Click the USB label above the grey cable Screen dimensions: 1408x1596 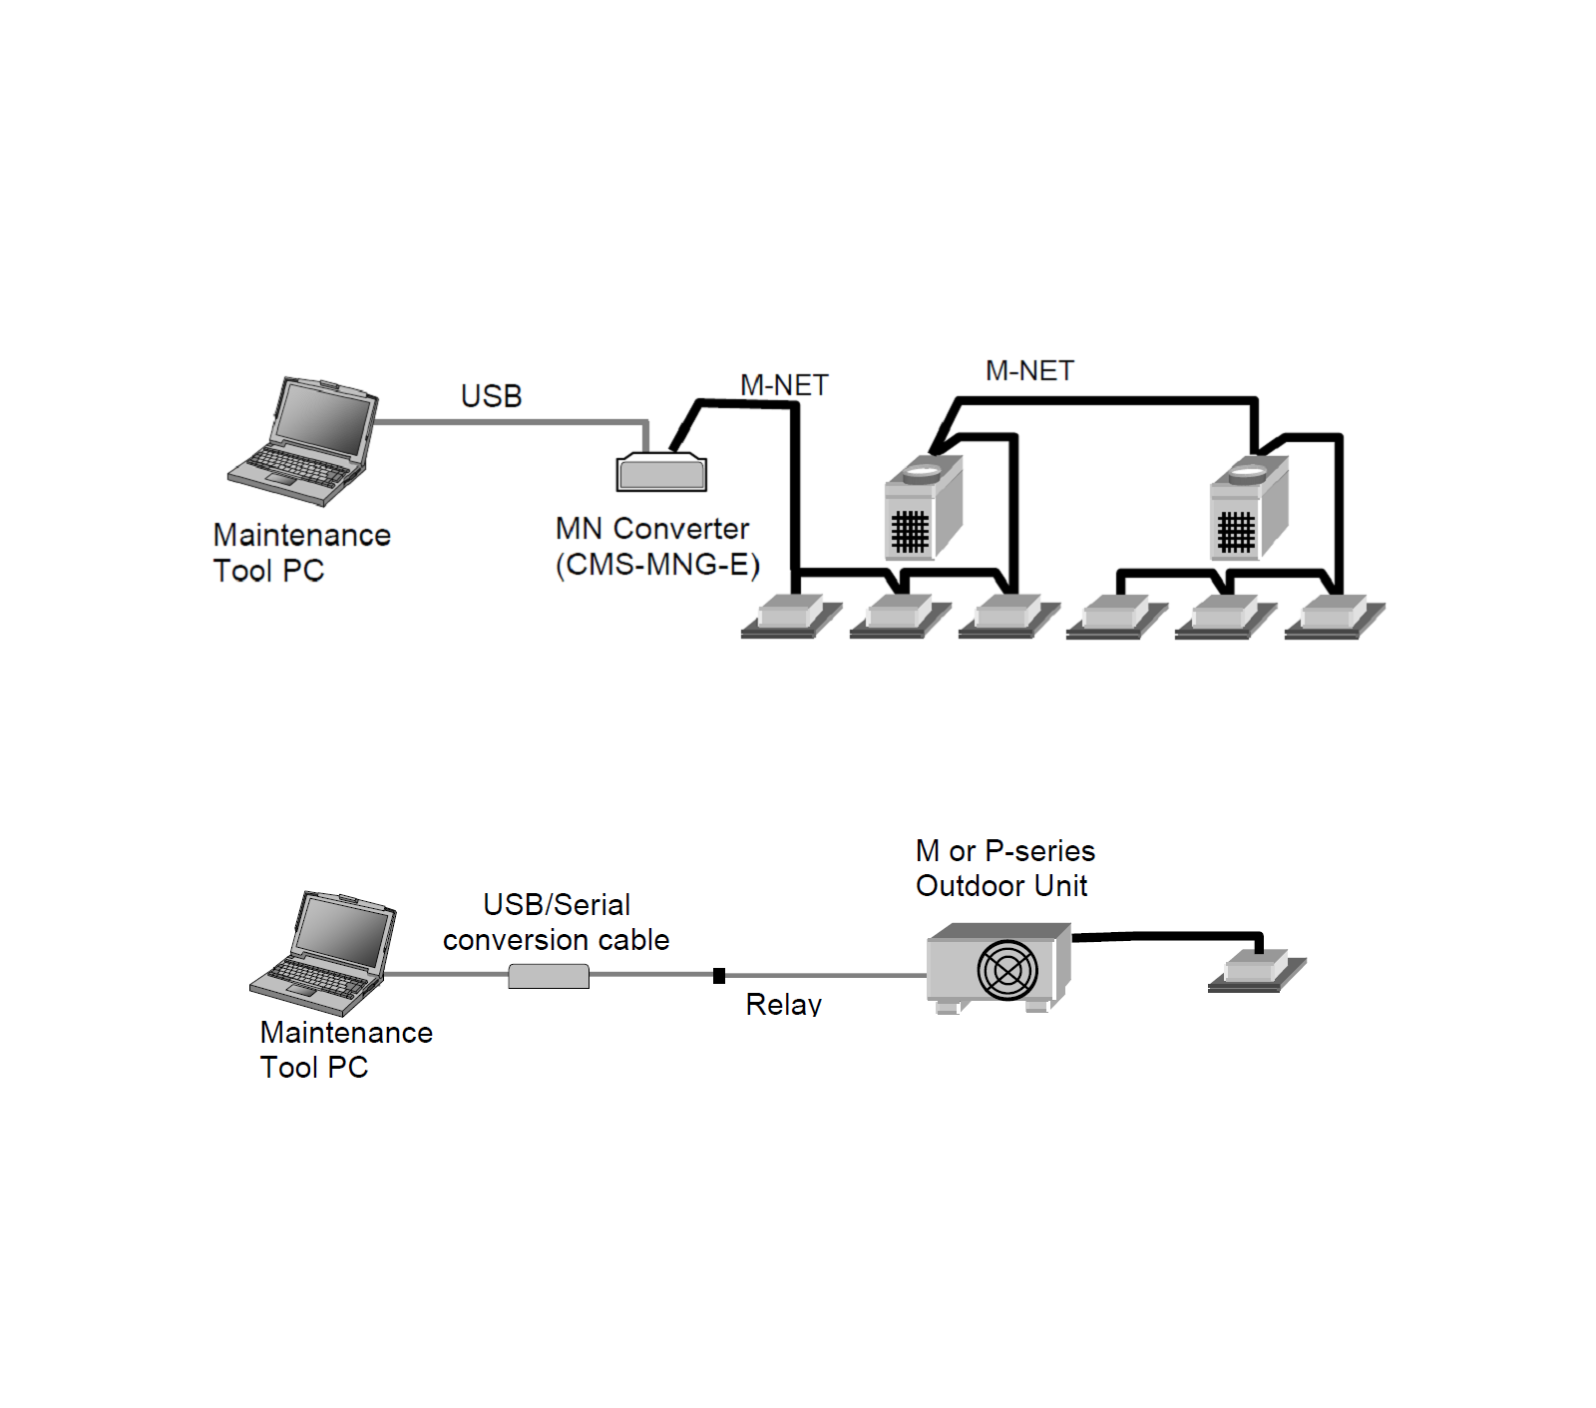pyautogui.click(x=491, y=396)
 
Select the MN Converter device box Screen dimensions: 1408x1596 pyautogui.click(x=661, y=473)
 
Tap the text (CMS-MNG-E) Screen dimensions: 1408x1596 pyautogui.click(x=657, y=565)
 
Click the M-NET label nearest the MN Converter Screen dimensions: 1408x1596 pyautogui.click(x=784, y=385)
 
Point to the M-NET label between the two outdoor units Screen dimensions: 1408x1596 pyautogui.click(x=1029, y=371)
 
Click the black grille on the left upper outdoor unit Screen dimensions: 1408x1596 pyautogui.click(x=909, y=532)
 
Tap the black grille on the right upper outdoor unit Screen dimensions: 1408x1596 pyautogui.click(x=1235, y=532)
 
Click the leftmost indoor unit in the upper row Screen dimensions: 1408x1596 pyautogui.click(x=791, y=616)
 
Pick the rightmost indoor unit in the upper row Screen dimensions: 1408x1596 pyautogui.click(x=1335, y=616)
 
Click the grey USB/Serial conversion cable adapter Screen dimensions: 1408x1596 pyautogui.click(x=549, y=976)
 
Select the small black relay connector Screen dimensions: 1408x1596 pyautogui.click(x=719, y=976)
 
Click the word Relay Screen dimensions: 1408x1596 pyautogui.click(x=783, y=1004)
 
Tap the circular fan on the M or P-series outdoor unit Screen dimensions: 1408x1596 pyautogui.click(x=1007, y=970)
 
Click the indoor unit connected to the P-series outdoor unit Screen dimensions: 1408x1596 pyautogui.click(x=1257, y=970)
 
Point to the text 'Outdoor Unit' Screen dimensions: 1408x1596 pyautogui.click(x=1001, y=886)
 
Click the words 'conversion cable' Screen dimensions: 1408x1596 pyautogui.click(x=556, y=940)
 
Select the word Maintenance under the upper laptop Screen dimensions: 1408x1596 pyautogui.click(x=301, y=535)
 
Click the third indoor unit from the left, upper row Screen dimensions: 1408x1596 pyautogui.click(x=1008, y=616)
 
